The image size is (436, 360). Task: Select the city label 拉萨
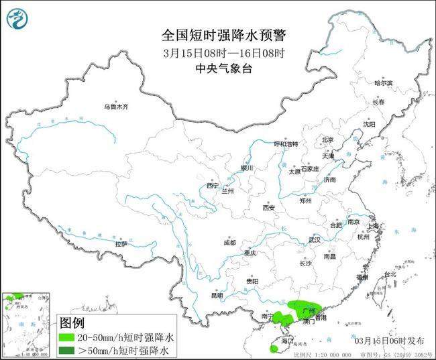[121, 243]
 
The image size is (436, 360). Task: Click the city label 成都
[230, 242]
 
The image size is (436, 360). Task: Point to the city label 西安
[269, 207]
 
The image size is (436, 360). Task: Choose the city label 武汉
[315, 239]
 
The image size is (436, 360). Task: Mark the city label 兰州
[229, 191]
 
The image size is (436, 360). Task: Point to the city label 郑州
[305, 200]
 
